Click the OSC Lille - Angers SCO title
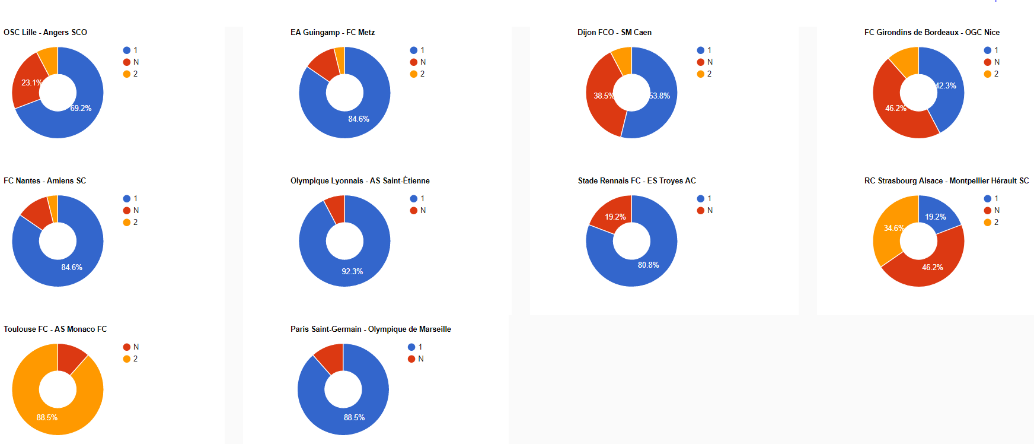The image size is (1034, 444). tap(45, 32)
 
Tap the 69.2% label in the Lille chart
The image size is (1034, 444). tap(81, 108)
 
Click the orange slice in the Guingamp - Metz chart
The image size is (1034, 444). tap(340, 60)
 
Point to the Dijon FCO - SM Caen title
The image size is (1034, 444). tap(614, 32)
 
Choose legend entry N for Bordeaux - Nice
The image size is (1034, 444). tap(997, 62)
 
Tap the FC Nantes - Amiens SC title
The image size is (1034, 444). tap(44, 180)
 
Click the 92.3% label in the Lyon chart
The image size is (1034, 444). tap(352, 271)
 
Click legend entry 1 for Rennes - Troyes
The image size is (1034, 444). tap(709, 198)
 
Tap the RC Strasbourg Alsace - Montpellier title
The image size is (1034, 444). tap(946, 180)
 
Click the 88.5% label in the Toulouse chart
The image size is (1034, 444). tap(47, 417)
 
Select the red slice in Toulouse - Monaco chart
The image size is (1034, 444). tap(71, 357)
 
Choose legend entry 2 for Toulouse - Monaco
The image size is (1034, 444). tap(135, 359)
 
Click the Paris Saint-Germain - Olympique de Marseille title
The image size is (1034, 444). tap(371, 329)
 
